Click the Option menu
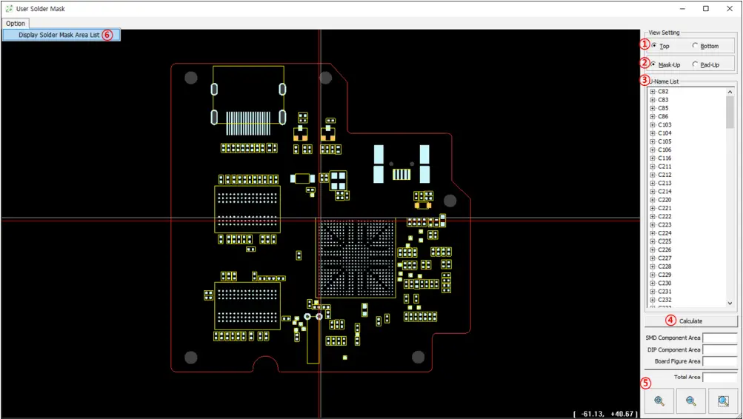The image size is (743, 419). pyautogui.click(x=16, y=24)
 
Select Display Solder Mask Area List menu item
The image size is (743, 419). pyautogui.click(x=59, y=35)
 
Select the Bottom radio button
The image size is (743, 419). pyautogui.click(x=695, y=46)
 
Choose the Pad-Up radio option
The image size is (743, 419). pyautogui.click(x=695, y=64)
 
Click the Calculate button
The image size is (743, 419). pyautogui.click(x=690, y=321)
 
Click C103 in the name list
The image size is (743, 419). pyautogui.click(x=664, y=125)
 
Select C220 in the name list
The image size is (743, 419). pyautogui.click(x=664, y=200)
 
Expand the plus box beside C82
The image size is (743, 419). pyautogui.click(x=652, y=92)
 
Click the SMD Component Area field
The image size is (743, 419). pyautogui.click(x=719, y=338)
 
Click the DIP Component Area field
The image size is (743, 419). pyautogui.click(x=719, y=350)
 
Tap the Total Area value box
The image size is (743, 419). pyautogui.click(x=719, y=377)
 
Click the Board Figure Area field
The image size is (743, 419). pyautogui.click(x=719, y=362)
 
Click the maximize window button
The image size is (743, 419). pyautogui.click(x=705, y=9)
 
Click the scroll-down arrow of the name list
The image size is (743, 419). pyautogui.click(x=730, y=303)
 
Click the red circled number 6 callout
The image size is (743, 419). pyautogui.click(x=107, y=35)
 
